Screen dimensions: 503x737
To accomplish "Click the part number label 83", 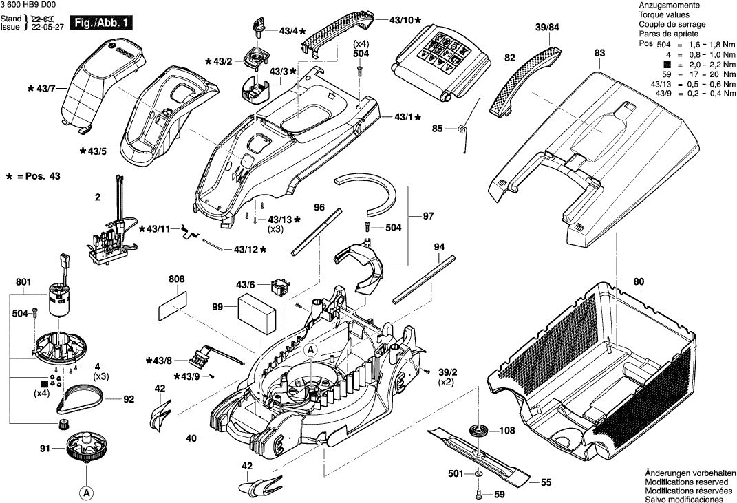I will click(599, 52).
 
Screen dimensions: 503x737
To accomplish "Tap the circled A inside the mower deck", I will click(310, 350).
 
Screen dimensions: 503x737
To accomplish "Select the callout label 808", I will click(176, 280).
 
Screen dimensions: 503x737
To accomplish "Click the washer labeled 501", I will click(478, 474).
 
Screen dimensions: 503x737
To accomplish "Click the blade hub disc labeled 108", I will click(479, 431).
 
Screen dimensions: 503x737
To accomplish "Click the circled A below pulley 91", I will click(86, 493).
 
